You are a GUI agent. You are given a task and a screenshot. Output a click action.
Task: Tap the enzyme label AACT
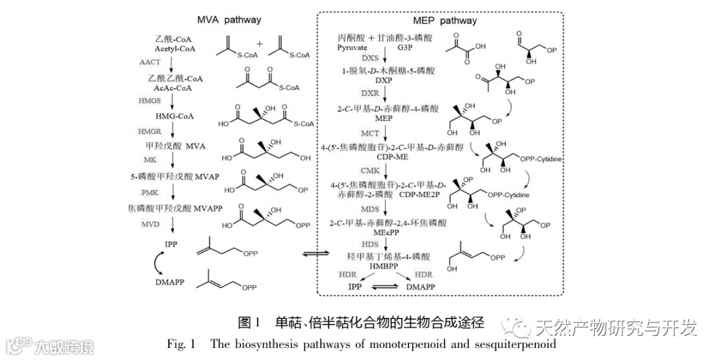151,62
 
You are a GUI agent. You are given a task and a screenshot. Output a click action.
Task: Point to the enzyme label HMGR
151,131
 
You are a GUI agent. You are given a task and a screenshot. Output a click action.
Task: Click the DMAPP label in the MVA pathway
172,283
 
